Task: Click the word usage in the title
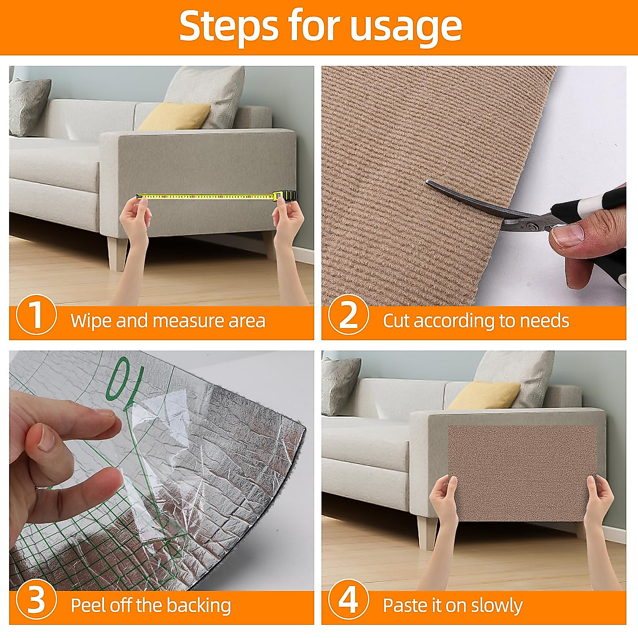coord(406,27)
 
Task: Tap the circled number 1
coord(37,315)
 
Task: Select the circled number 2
coord(348,315)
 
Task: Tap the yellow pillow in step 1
coord(174,116)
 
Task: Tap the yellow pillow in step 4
coord(484,396)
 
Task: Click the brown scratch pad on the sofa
coord(522,474)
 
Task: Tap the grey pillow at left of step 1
coord(29,107)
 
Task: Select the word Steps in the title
coord(229,27)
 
